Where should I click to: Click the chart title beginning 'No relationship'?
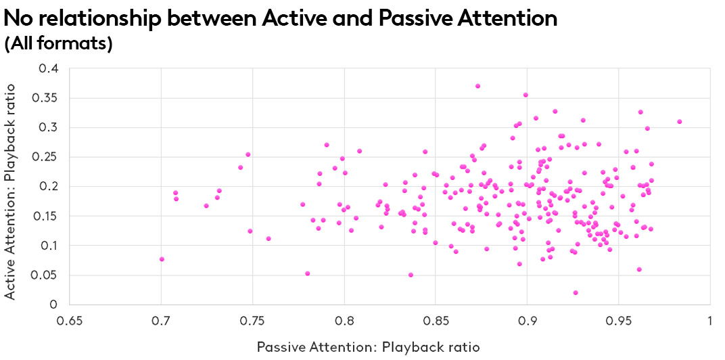(x=280, y=18)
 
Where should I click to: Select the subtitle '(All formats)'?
(x=58, y=44)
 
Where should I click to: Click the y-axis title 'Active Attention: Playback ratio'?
(x=10, y=187)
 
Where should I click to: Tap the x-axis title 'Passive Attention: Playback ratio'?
(x=368, y=346)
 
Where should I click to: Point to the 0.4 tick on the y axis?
(x=49, y=68)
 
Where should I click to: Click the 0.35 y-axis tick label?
(x=45, y=98)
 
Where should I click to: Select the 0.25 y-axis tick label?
(x=45, y=157)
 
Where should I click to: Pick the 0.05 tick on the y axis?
(x=45, y=275)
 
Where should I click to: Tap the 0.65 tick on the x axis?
(x=70, y=319)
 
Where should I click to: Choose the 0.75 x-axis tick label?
(x=253, y=319)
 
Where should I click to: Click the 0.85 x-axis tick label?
(x=436, y=319)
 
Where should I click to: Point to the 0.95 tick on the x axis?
(x=619, y=319)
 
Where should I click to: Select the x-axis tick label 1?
(x=709, y=319)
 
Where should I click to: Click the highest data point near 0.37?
(x=477, y=86)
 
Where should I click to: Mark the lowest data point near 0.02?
(x=576, y=292)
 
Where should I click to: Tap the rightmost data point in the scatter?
(x=679, y=122)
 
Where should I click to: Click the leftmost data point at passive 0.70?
(x=162, y=259)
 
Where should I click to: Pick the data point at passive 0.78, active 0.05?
(x=307, y=273)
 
